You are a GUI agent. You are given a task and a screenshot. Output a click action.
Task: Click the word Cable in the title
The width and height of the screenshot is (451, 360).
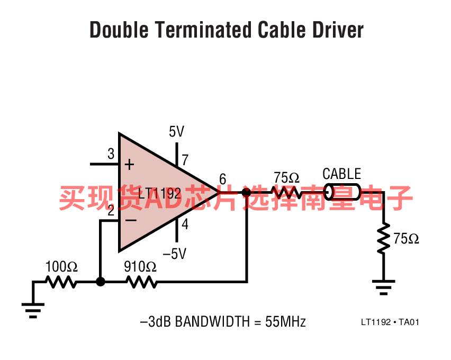point(281,30)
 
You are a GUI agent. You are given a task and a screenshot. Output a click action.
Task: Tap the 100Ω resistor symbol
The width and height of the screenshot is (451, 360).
point(61,282)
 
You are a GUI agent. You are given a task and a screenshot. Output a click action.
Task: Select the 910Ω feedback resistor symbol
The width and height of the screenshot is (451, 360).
point(142,282)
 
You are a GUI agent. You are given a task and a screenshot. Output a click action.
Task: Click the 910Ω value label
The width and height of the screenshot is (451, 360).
point(140,267)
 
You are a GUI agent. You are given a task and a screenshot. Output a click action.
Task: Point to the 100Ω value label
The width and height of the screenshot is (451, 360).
point(61,266)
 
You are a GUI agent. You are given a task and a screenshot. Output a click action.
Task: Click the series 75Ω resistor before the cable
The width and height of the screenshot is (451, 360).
point(286,192)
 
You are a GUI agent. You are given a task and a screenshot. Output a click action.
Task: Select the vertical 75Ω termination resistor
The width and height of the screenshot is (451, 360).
point(383,238)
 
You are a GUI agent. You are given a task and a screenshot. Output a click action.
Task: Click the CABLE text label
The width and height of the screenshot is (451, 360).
point(342,174)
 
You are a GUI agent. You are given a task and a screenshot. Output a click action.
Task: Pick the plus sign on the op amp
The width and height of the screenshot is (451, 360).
point(130,165)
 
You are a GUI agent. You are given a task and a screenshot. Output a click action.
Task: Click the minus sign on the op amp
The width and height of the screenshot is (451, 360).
point(131,220)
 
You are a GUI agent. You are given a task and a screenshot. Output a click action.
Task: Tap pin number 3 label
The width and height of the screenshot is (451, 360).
point(111,154)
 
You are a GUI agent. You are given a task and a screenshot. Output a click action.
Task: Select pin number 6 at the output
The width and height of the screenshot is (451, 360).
point(223,179)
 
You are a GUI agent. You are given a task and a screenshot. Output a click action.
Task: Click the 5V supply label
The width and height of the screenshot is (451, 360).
point(176,131)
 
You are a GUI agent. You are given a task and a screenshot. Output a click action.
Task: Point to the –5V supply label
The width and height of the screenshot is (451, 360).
point(174,254)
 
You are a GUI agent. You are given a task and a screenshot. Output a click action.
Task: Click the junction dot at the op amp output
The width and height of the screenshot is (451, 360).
point(246,192)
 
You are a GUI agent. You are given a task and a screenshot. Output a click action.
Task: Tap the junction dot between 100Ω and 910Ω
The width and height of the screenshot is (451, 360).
point(101,282)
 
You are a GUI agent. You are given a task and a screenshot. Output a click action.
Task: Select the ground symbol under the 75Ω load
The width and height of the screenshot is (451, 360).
point(383,287)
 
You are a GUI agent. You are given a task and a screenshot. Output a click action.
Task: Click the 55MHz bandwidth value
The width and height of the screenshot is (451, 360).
point(285,321)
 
